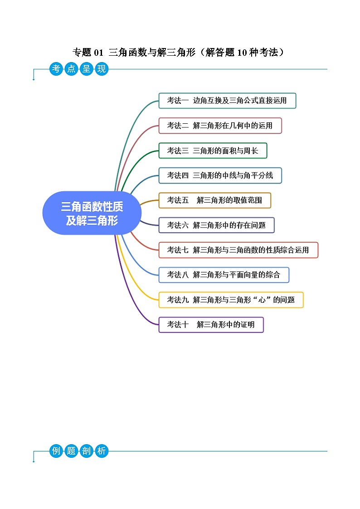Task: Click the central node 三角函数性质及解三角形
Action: coord(92,213)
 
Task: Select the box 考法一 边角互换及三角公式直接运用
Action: coord(227,101)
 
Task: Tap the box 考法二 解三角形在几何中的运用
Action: coord(220,126)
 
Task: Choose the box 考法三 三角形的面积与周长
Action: coord(213,150)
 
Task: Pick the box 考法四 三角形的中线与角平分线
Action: coord(220,175)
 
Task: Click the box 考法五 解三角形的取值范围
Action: coord(214,200)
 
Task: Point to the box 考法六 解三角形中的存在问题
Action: coord(216,225)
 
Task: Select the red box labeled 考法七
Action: coord(238,250)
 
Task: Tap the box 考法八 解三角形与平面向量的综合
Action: coord(224,275)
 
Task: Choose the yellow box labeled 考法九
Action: coord(231,300)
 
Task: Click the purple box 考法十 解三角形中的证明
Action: coord(211,325)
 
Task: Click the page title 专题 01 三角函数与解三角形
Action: coord(180,53)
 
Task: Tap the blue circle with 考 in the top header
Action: coord(56,69)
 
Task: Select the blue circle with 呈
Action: coord(86,69)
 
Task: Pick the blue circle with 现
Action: coord(102,69)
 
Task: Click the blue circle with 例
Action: coord(56,451)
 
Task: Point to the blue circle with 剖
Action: coord(86,451)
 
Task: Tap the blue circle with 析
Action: coord(102,451)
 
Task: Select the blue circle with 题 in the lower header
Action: coord(71,451)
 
